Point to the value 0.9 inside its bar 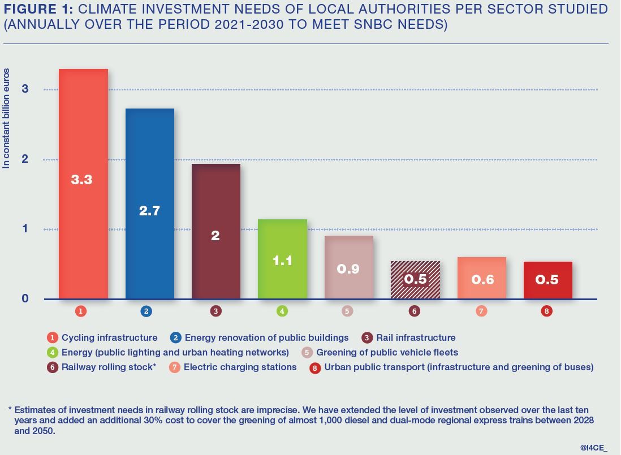coord(348,269)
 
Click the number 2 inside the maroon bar coord(215,236)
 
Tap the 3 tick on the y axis coord(25,89)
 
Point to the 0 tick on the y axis coord(25,298)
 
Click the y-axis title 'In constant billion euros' coord(7,119)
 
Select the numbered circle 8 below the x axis coord(546,311)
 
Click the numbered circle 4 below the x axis coord(282,311)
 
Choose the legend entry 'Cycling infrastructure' coord(109,337)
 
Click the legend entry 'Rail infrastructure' coord(415,337)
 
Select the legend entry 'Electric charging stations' coord(240,367)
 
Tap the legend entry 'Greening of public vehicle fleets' coord(387,352)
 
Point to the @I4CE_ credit coord(594,447)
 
